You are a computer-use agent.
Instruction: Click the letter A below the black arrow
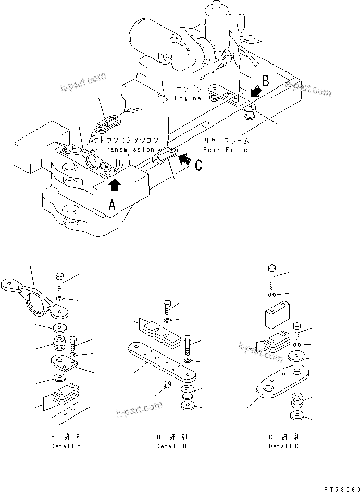(x=112, y=205)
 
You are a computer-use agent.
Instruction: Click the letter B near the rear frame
(x=266, y=81)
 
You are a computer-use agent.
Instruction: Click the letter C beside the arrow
(x=198, y=166)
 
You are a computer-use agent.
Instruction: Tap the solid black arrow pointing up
(x=115, y=185)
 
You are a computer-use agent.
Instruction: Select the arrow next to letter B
(x=256, y=92)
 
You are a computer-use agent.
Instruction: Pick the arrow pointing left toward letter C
(x=184, y=159)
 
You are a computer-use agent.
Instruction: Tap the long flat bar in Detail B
(x=162, y=362)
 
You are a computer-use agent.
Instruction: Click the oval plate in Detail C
(x=283, y=381)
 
